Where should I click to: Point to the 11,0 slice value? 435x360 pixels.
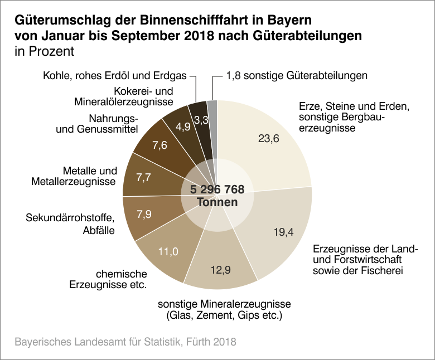pos(167,251)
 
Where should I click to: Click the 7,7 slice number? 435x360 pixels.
pos(144,178)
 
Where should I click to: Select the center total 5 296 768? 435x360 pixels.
pos(217,190)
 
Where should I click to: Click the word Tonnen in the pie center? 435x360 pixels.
pos(217,202)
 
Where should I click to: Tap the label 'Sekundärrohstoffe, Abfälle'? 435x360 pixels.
pos(70,223)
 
